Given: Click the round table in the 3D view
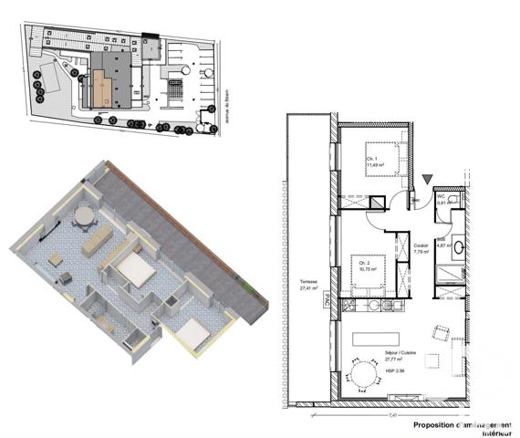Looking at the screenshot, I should [85, 216].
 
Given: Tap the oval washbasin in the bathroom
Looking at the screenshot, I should [459, 246].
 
